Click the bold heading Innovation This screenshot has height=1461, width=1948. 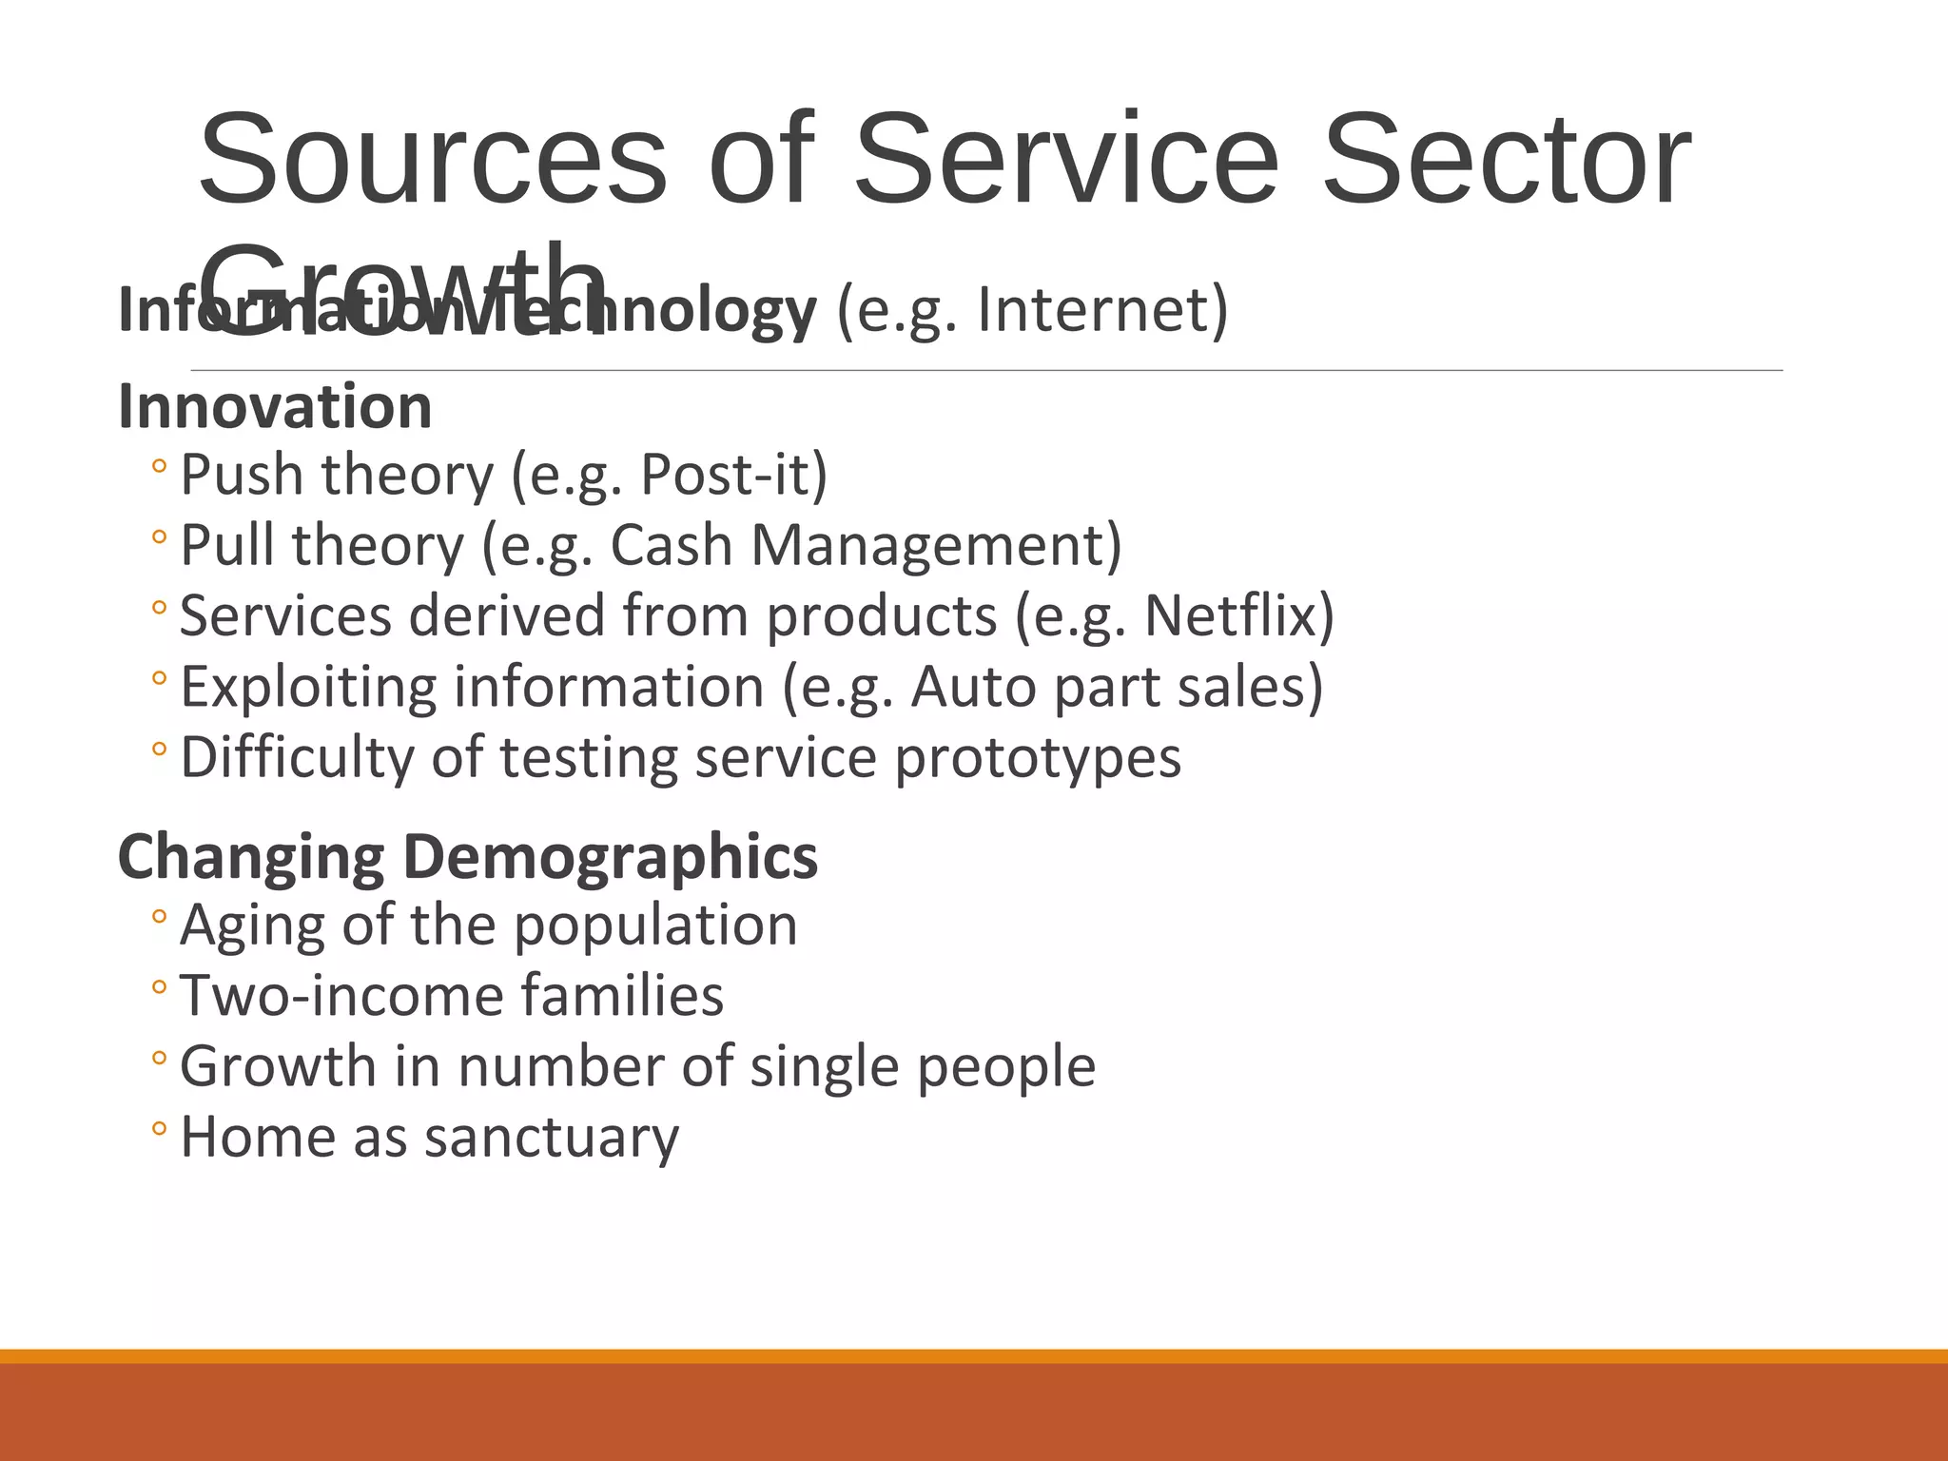click(x=275, y=407)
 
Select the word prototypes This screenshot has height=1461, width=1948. click(x=1038, y=758)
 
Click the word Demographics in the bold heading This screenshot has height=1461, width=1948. click(x=610, y=856)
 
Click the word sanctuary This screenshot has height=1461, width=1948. click(x=552, y=1138)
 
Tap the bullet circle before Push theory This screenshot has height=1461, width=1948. click(x=159, y=467)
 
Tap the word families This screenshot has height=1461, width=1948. click(x=622, y=996)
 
